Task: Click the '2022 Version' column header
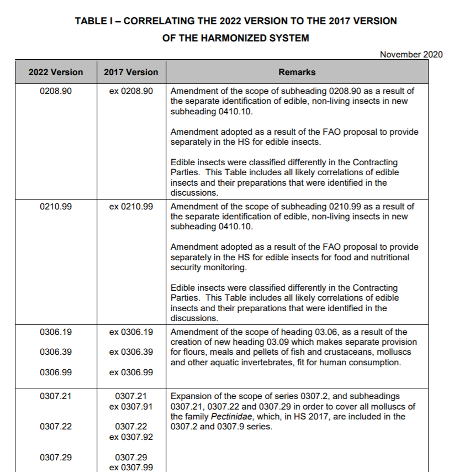click(56, 72)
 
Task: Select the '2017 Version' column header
click(131, 72)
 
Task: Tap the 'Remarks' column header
click(297, 72)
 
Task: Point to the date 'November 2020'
click(411, 54)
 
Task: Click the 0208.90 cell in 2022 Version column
click(56, 91)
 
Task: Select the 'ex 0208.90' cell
click(131, 91)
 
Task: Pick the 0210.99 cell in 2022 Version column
click(56, 206)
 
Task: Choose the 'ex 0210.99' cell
click(131, 206)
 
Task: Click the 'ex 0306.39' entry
click(131, 352)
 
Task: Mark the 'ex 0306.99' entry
click(131, 372)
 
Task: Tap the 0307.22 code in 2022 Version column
click(56, 427)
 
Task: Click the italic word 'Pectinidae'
click(231, 416)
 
